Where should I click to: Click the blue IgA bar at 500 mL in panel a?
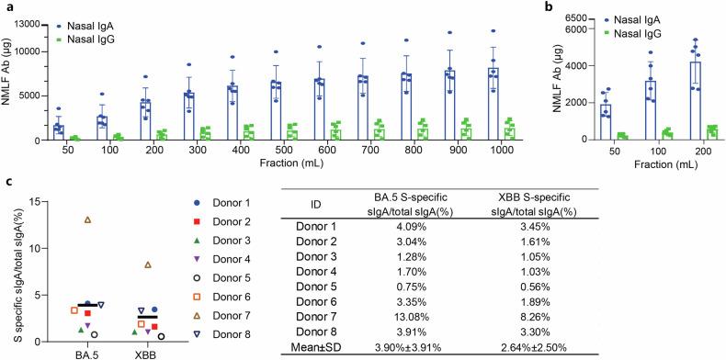pos(275,111)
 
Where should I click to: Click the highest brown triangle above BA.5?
pos(87,220)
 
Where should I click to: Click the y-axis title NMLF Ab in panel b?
pos(558,76)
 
